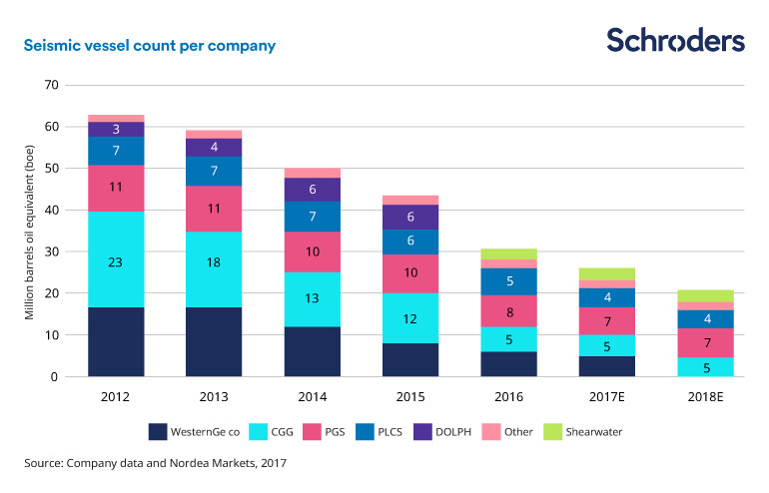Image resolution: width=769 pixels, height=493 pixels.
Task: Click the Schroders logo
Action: pyautogui.click(x=675, y=40)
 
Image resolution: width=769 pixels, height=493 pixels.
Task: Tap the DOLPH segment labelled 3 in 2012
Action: pyautogui.click(x=116, y=129)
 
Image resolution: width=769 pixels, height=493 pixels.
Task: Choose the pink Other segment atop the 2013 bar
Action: pyautogui.click(x=213, y=134)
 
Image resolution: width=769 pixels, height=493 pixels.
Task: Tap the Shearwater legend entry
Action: pyautogui.click(x=583, y=432)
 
